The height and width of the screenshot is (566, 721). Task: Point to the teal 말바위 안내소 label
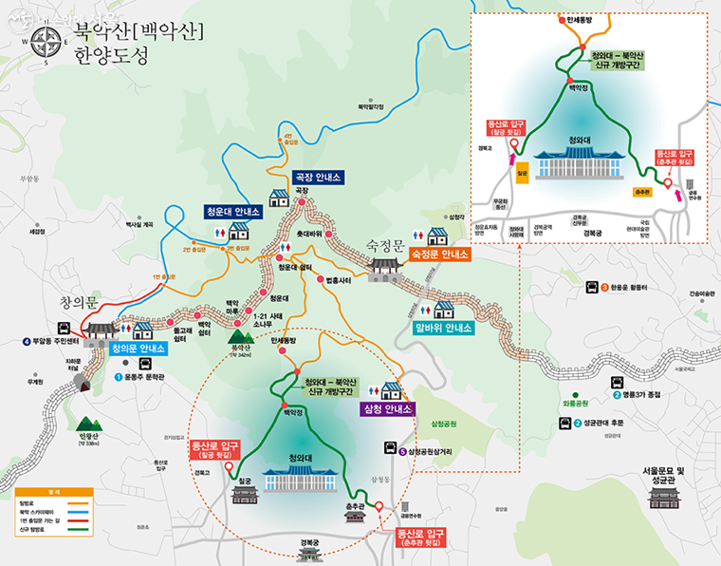coord(443,330)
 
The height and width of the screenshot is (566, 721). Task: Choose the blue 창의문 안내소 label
coord(139,349)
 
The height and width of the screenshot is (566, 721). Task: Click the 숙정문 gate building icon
coord(386,266)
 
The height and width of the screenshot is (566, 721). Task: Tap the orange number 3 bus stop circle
coord(604,286)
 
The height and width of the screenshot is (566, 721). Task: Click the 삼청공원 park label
coord(444,422)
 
